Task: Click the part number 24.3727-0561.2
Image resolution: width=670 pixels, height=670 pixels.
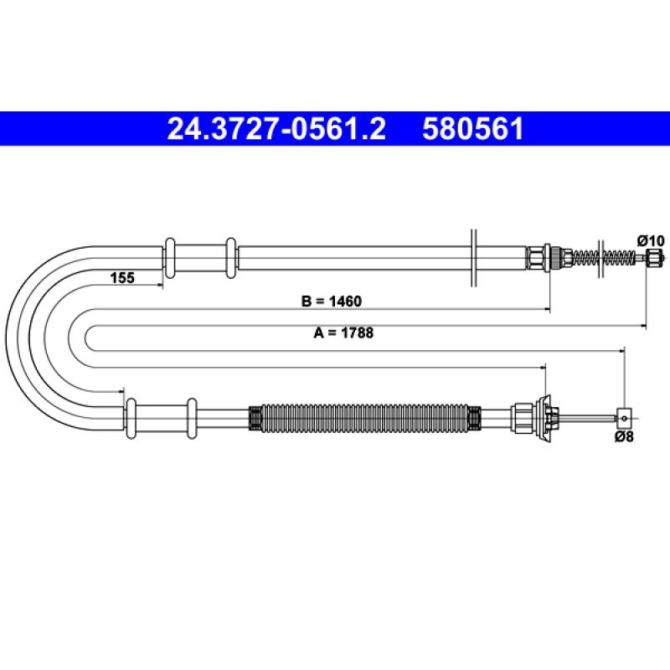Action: pos(276,129)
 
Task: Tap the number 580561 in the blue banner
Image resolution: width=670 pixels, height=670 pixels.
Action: pos(472,129)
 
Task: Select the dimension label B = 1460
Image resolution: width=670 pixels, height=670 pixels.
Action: pos(331,301)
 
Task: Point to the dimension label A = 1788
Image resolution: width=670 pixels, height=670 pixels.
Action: pos(343,332)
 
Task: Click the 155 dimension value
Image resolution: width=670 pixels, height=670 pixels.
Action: pos(122,278)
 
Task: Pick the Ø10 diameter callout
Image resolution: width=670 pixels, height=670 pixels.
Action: pos(651,240)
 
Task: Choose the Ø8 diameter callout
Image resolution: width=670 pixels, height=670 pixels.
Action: pos(624,436)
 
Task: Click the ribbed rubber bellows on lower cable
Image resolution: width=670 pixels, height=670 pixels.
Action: pos(364,417)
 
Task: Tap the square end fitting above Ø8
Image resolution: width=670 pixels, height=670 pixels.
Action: pos(624,417)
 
